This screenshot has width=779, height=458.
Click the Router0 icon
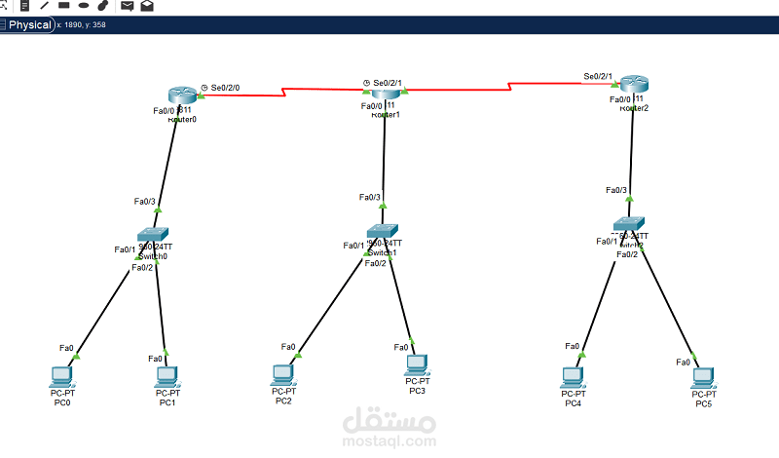click(x=181, y=95)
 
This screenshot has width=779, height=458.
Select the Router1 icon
click(x=387, y=91)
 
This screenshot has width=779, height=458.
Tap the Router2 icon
click(x=634, y=86)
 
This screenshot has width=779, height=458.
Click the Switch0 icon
click(x=153, y=235)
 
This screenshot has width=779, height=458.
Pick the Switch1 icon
click(x=382, y=232)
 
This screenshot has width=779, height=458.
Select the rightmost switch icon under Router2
click(x=631, y=225)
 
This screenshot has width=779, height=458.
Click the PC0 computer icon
click(x=62, y=375)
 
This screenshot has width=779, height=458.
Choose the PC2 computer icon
click(x=283, y=373)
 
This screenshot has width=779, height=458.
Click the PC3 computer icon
click(x=417, y=364)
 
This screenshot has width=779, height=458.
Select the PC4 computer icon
click(x=574, y=375)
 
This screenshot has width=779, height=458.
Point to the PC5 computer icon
click(x=703, y=375)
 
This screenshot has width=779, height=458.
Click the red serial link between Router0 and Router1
click(x=282, y=94)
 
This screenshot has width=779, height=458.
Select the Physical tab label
click(x=30, y=25)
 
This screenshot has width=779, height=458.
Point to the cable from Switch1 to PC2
click(x=331, y=303)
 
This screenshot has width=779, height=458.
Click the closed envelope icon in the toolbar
click(x=128, y=6)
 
